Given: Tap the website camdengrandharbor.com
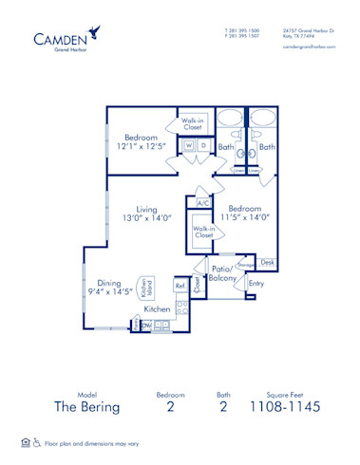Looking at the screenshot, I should pos(310,46).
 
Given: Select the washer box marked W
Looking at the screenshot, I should pos(190,145).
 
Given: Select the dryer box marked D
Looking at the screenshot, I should pos(203,145).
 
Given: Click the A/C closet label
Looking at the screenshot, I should pos(203,203).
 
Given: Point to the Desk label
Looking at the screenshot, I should pos(267,262).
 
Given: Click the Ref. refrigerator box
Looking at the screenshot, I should pos(180,285).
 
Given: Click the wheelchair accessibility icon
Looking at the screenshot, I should pos(37,442).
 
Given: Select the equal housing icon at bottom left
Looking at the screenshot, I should pos(25,442).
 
